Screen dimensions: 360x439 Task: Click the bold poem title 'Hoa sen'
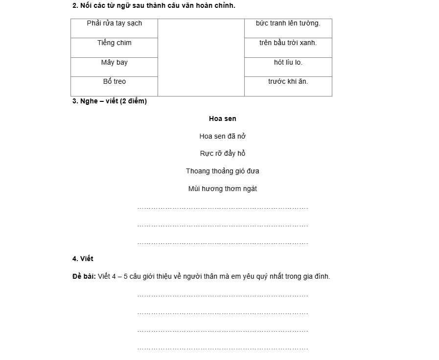(x=222, y=119)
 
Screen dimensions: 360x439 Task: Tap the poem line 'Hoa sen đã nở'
(x=222, y=136)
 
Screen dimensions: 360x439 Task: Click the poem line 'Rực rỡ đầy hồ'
(x=222, y=154)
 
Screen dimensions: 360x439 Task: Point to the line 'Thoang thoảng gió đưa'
(x=222, y=171)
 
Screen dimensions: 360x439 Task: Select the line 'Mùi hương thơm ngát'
(x=222, y=189)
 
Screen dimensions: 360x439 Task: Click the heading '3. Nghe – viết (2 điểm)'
(x=110, y=101)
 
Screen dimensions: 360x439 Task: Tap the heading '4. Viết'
(x=83, y=259)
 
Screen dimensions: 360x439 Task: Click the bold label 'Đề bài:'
(x=84, y=276)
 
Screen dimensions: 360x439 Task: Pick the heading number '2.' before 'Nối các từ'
(x=75, y=6)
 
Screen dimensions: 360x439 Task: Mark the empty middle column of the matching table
(x=201, y=57)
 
